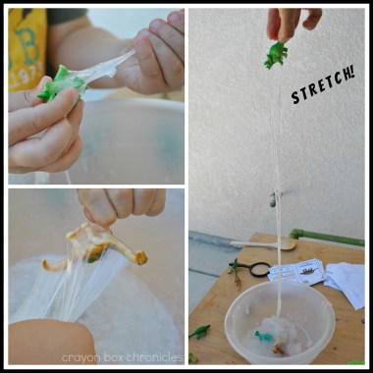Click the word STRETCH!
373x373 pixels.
tap(323, 85)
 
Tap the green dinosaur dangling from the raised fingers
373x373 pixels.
tap(277, 55)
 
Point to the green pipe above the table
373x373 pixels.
tap(326, 237)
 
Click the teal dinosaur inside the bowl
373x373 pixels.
tap(264, 336)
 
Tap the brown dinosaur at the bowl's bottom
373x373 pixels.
tap(280, 349)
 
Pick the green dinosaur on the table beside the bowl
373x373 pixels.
tap(199, 332)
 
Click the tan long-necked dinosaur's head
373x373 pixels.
tap(140, 257)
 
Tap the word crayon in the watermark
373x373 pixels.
tap(78, 357)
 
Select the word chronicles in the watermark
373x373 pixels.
tap(154, 357)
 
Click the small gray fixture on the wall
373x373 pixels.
tap(274, 200)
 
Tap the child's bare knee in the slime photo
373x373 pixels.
tap(49, 342)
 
